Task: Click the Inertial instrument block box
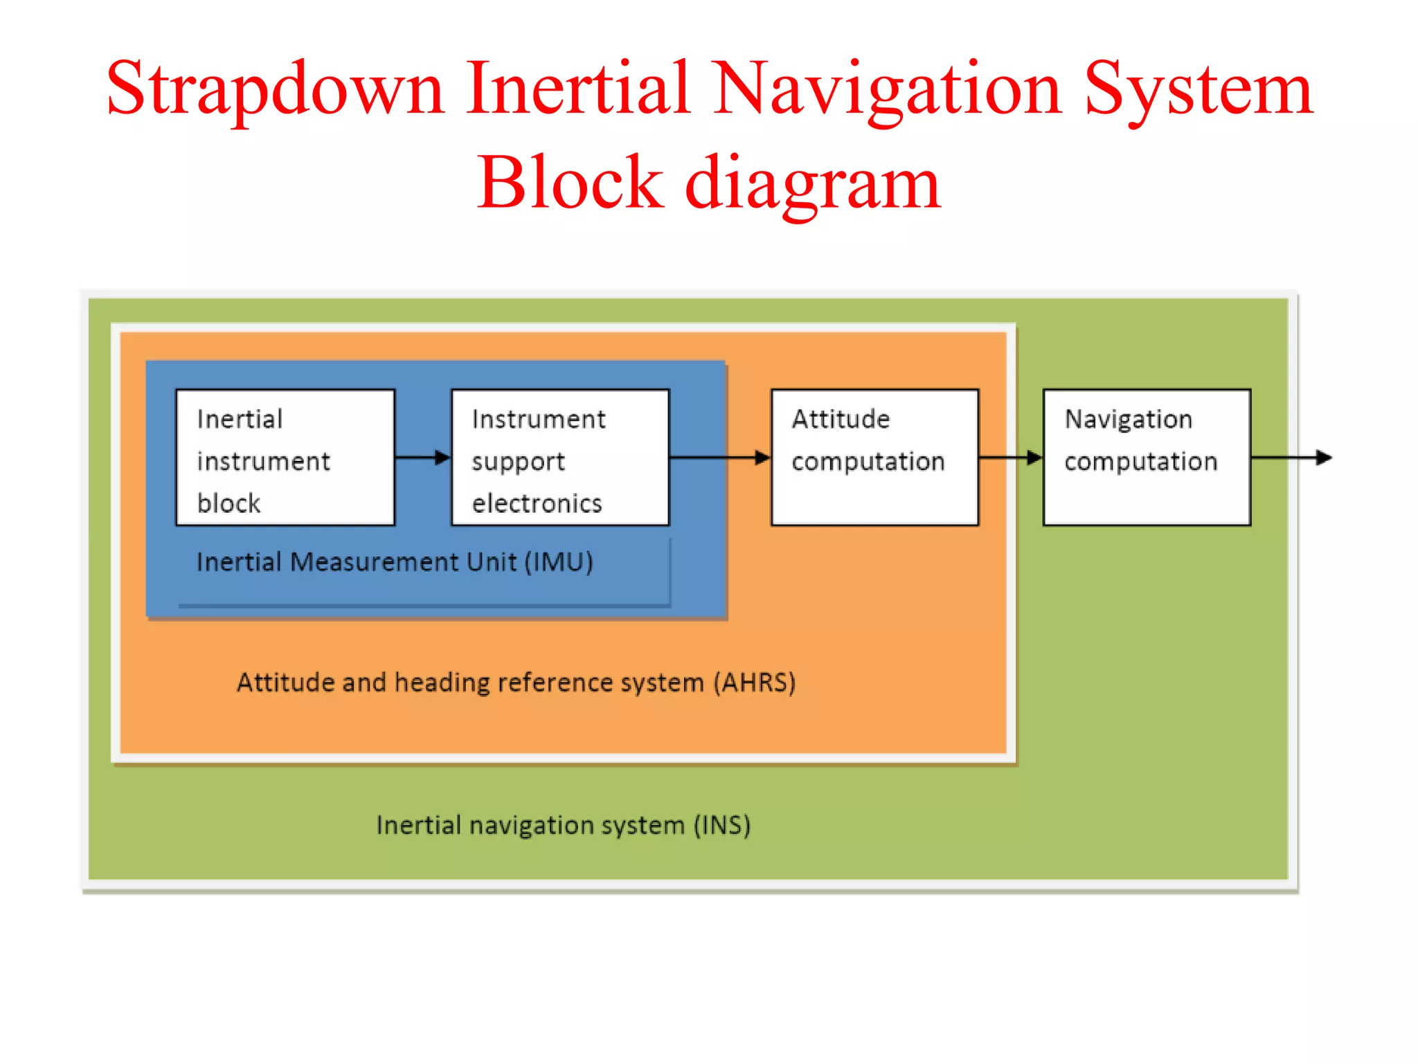pyautogui.click(x=285, y=457)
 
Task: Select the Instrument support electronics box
pyautogui.click(x=560, y=457)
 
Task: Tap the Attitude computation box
pyautogui.click(x=874, y=457)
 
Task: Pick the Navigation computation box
pyautogui.click(x=1147, y=457)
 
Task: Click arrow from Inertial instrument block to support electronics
pyautogui.click(x=422, y=457)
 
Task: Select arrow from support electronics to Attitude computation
pyautogui.click(x=720, y=457)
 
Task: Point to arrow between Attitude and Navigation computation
pyautogui.click(x=1011, y=457)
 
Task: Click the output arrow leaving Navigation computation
pyautogui.click(x=1291, y=457)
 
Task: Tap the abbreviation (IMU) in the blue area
pyautogui.click(x=559, y=562)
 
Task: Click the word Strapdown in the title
pyautogui.click(x=274, y=90)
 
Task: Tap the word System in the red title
pyautogui.click(x=1198, y=90)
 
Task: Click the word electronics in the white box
pyautogui.click(x=537, y=504)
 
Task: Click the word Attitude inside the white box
pyautogui.click(x=841, y=419)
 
